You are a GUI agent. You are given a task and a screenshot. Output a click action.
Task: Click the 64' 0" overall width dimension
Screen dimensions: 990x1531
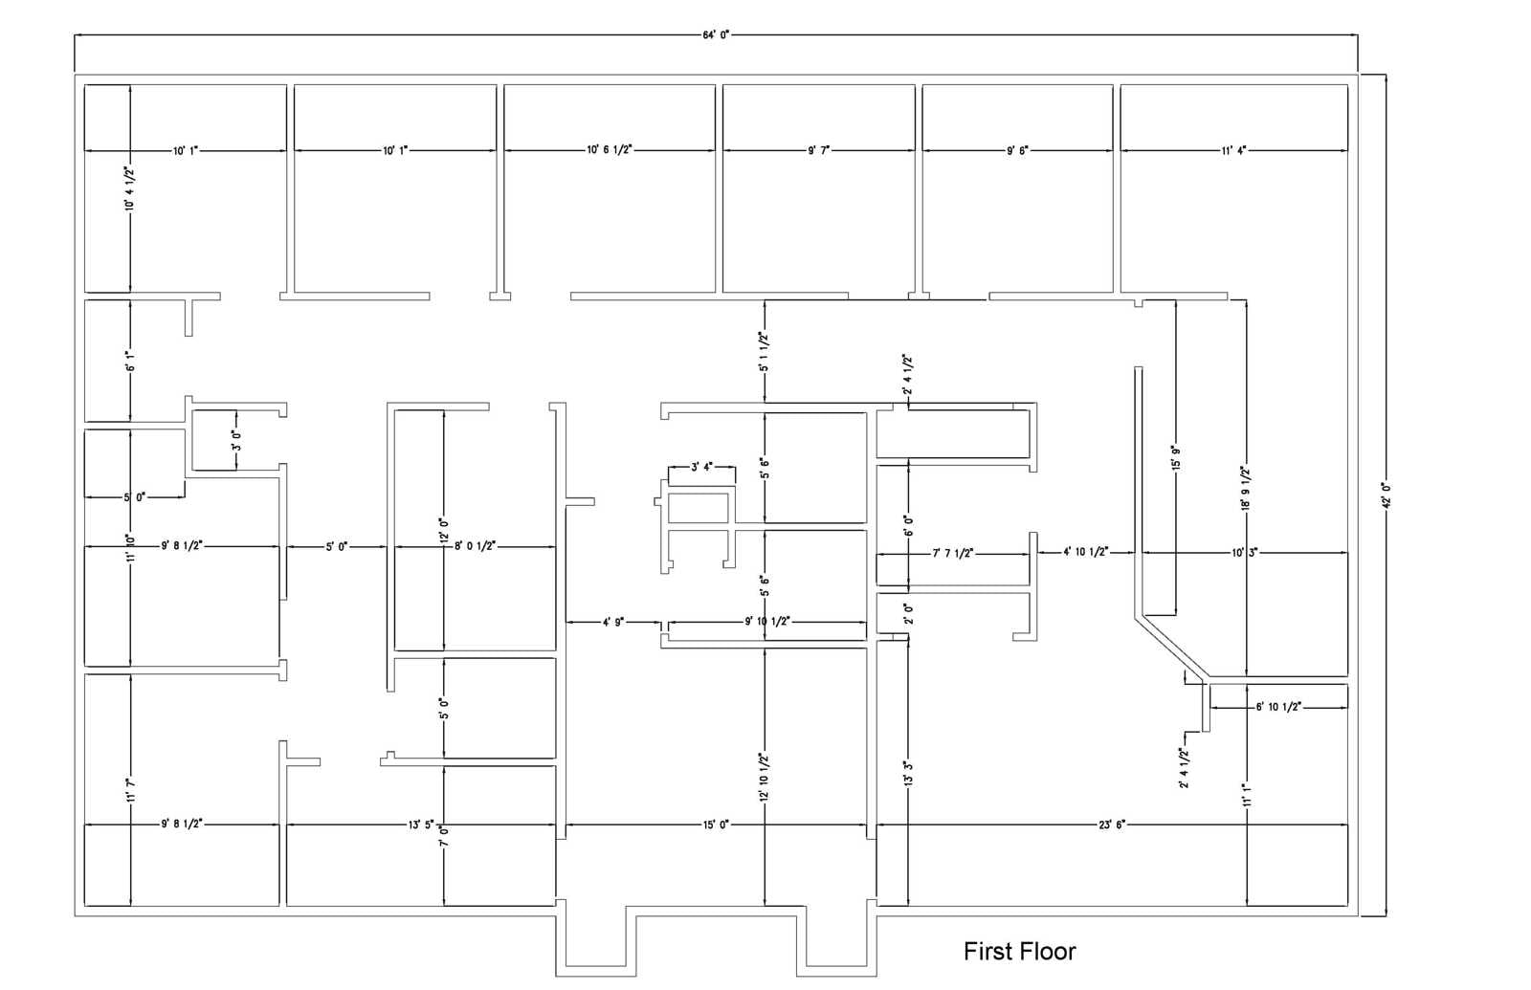[x=716, y=34]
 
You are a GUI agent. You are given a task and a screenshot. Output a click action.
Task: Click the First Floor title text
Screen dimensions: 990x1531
[x=1019, y=952]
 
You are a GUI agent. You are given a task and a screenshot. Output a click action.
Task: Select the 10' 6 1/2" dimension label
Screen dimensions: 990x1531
[x=610, y=150]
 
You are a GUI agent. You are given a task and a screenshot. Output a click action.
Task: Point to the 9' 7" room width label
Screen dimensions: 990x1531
[x=819, y=150]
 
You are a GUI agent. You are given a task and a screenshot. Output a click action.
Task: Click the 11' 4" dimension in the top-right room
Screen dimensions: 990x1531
[x=1233, y=150]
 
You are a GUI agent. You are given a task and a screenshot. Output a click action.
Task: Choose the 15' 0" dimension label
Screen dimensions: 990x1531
[x=716, y=824]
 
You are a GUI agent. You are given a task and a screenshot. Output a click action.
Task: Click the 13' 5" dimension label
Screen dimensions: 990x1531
[x=421, y=824]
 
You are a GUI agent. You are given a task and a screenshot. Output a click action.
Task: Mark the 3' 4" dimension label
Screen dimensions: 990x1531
[x=701, y=468]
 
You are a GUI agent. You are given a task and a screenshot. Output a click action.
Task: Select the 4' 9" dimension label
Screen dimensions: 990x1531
[x=613, y=622]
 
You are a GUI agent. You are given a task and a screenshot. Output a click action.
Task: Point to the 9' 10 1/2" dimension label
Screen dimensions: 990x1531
[x=767, y=622]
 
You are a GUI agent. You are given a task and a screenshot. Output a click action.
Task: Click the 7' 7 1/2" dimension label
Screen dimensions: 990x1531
[x=953, y=553]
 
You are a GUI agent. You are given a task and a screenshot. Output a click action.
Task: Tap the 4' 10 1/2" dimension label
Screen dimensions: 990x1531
[x=1086, y=552]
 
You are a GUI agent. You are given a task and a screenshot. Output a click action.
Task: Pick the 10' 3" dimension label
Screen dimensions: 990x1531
[x=1244, y=552]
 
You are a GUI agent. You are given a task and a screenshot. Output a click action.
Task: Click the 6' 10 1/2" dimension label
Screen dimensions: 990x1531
[x=1278, y=707]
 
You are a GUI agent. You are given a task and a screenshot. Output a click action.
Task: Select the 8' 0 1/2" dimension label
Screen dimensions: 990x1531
[x=475, y=546]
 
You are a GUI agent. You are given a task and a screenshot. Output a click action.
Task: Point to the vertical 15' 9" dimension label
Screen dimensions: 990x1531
[x=1176, y=457]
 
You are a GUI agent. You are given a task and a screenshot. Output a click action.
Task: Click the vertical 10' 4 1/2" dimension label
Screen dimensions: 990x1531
[x=129, y=188]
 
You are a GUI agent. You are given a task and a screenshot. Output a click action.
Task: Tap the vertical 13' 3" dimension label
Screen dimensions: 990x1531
[x=908, y=773]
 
